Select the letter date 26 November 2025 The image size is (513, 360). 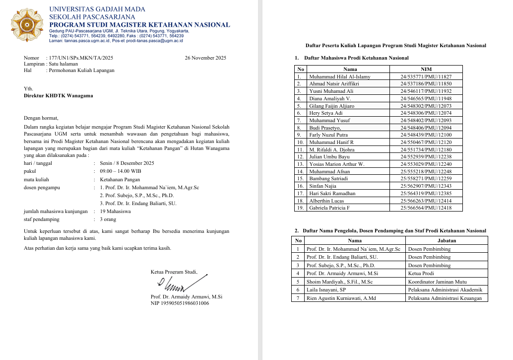(x=205, y=58)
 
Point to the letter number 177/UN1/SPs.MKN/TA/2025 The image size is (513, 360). (x=79, y=58)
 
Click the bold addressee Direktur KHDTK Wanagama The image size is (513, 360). (x=59, y=96)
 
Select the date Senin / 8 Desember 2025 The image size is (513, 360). (x=127, y=163)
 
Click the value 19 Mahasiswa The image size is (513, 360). (x=116, y=211)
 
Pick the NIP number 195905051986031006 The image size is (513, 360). (x=180, y=303)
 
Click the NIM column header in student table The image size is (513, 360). (x=426, y=69)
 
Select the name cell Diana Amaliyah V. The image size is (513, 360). (x=330, y=98)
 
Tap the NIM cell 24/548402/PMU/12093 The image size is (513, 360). (x=426, y=120)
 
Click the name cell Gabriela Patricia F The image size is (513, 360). (x=329, y=208)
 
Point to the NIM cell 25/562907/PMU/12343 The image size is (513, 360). (x=426, y=186)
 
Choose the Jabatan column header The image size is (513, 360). (x=447, y=240)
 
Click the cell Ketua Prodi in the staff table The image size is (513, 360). (x=421, y=273)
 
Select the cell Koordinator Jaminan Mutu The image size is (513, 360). (x=437, y=282)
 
